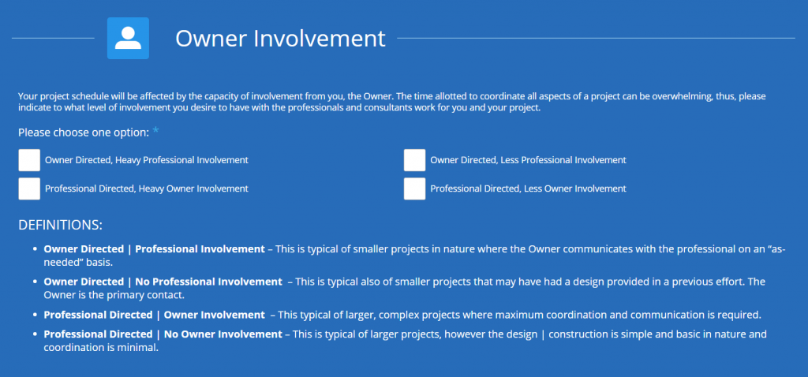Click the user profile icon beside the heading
pyautogui.click(x=128, y=38)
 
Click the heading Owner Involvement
pyautogui.click(x=280, y=39)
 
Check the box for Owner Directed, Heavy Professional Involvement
pyautogui.click(x=29, y=160)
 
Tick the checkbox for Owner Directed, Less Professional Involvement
pyautogui.click(x=415, y=160)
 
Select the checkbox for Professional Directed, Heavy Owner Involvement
pyautogui.click(x=29, y=188)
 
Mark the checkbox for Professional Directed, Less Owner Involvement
pyautogui.click(x=415, y=188)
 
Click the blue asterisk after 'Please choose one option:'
pyautogui.click(x=155, y=130)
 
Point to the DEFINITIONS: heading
pyautogui.click(x=60, y=225)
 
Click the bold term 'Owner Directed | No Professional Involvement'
pyautogui.click(x=163, y=282)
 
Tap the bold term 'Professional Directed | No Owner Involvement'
pyautogui.click(x=163, y=334)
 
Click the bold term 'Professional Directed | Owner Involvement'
pyautogui.click(x=154, y=315)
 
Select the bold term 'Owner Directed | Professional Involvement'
pyautogui.click(x=154, y=249)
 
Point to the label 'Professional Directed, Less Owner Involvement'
pyautogui.click(x=528, y=188)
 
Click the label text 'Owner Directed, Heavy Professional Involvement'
pyautogui.click(x=146, y=160)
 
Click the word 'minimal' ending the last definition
pyautogui.click(x=140, y=347)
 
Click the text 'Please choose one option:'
pyautogui.click(x=84, y=133)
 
